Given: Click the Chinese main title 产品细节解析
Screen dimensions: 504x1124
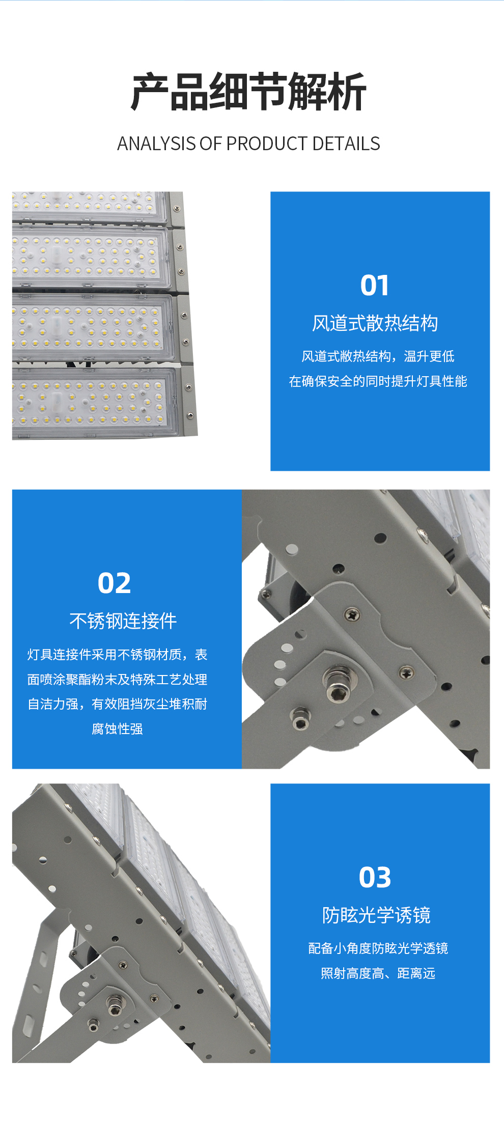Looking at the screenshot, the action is [x=249, y=92].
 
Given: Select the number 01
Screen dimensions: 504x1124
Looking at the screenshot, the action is [x=375, y=285].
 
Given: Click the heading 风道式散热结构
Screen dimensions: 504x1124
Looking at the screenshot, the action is [x=375, y=323].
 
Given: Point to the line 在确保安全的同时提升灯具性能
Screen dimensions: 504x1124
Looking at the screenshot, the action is [x=378, y=381].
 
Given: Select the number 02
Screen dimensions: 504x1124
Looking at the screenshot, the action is [x=115, y=583].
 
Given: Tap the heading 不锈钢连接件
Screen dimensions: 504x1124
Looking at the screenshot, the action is [x=123, y=621].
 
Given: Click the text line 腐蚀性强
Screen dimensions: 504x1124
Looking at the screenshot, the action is [x=117, y=729].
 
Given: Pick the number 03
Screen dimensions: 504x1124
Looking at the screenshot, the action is [x=375, y=877].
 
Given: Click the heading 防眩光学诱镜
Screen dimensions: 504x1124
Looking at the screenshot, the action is [x=377, y=915].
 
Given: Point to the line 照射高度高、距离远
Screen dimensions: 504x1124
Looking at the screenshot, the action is [x=378, y=973].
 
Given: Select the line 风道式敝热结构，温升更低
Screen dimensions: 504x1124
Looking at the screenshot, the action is [x=378, y=356].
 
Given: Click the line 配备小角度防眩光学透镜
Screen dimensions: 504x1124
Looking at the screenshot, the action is [x=378, y=948].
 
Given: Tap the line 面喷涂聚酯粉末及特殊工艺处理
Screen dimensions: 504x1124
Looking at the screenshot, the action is [x=117, y=680].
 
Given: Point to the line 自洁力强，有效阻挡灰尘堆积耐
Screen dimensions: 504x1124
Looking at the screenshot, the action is [x=117, y=704].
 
